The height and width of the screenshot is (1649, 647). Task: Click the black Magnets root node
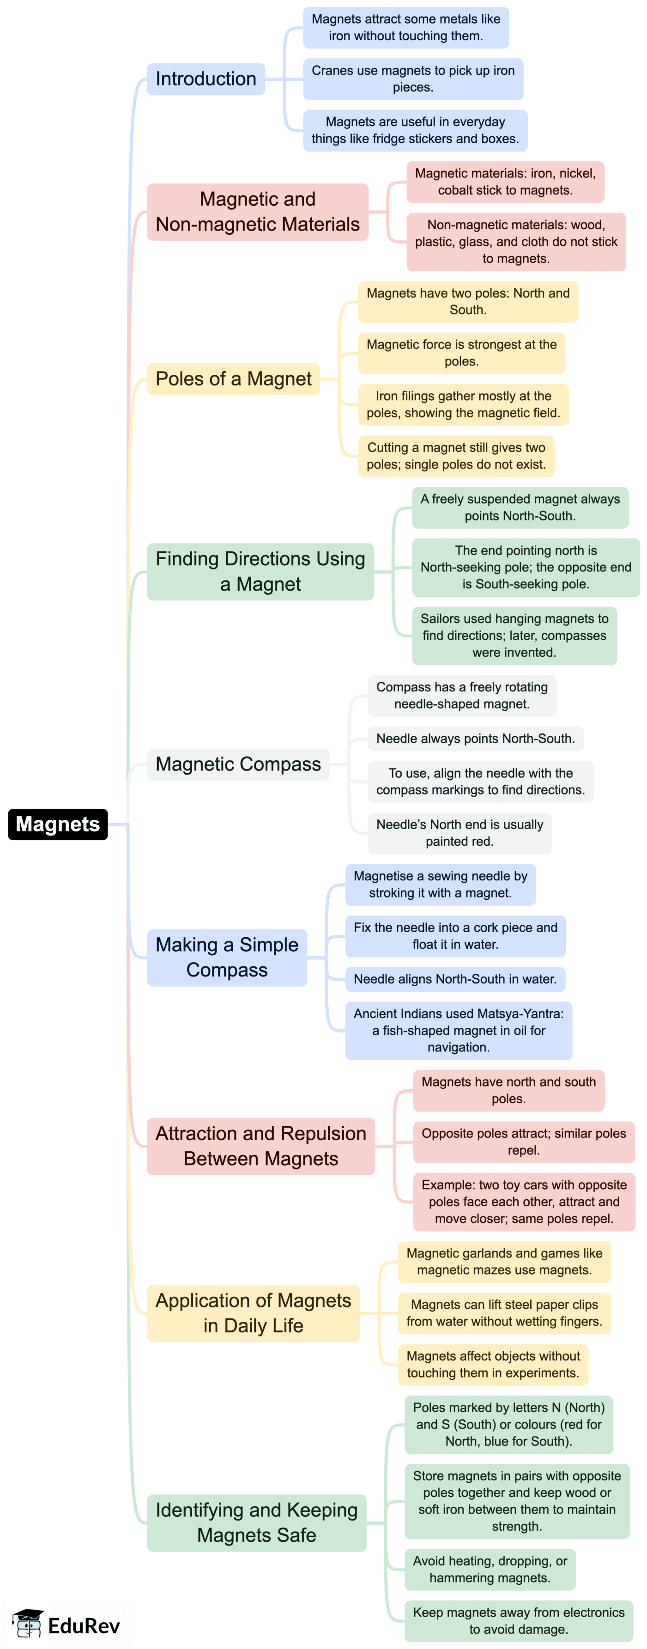(x=58, y=824)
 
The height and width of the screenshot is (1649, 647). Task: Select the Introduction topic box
(x=206, y=79)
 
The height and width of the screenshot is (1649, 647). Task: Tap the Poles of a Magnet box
(x=233, y=379)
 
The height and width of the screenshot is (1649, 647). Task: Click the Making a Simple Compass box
(x=227, y=957)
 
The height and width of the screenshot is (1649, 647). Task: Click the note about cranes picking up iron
(x=413, y=79)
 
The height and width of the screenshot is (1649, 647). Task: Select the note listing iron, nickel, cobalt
(x=505, y=182)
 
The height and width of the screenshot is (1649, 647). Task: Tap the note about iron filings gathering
(x=463, y=404)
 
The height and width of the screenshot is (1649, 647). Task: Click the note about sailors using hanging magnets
(x=514, y=635)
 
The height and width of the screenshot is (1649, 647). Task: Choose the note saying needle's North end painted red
(x=459, y=833)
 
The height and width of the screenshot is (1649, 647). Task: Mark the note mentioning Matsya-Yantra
(x=458, y=1030)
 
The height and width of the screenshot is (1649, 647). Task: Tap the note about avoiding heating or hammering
(x=490, y=1569)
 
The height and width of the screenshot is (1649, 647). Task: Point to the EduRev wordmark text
(x=84, y=1626)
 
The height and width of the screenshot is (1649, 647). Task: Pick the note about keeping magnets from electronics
(x=518, y=1620)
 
